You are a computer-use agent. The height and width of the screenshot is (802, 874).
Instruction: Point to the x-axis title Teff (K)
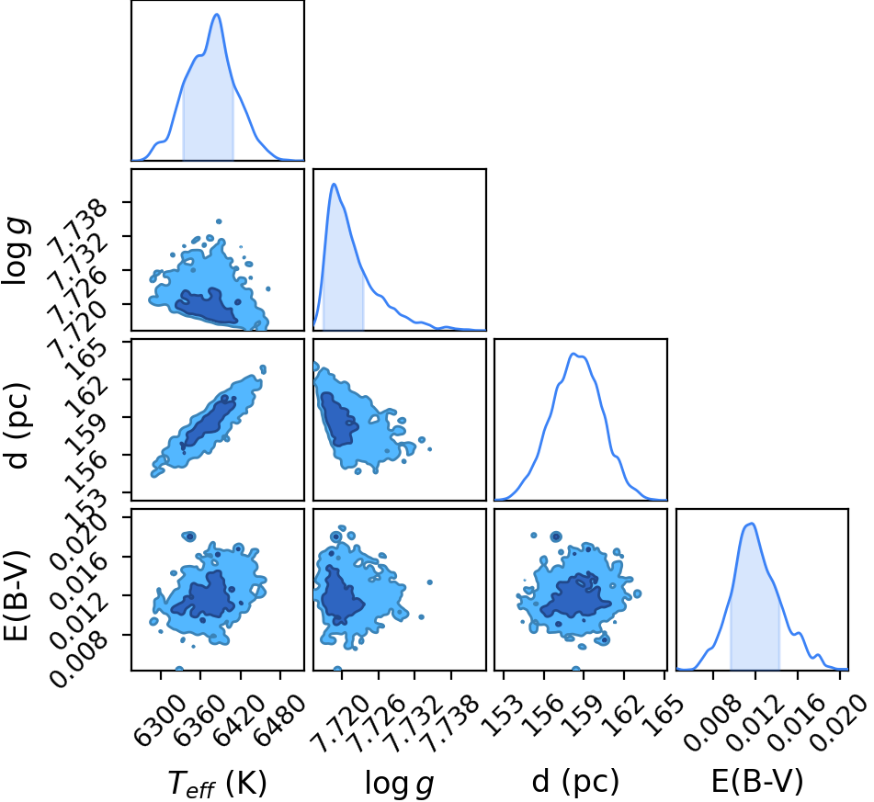(218, 783)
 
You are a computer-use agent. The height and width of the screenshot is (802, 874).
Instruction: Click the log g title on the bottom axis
(399, 784)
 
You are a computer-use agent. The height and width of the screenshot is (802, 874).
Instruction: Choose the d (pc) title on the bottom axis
(576, 782)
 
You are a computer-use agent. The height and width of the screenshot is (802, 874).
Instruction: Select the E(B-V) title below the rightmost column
(757, 781)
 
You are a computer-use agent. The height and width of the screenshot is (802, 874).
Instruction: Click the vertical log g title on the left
(17, 252)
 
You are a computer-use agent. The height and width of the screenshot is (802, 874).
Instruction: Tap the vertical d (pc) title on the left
(17, 425)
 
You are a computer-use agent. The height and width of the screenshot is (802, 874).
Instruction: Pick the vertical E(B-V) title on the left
(17, 594)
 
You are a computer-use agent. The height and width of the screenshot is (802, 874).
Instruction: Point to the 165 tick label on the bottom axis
(663, 715)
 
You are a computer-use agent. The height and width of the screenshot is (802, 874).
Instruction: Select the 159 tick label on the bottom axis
(584, 715)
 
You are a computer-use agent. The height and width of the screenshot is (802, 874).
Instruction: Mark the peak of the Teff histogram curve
(217, 15)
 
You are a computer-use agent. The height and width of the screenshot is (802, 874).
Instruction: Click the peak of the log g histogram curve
(334, 184)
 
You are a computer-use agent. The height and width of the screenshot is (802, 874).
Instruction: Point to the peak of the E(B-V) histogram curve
(752, 524)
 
